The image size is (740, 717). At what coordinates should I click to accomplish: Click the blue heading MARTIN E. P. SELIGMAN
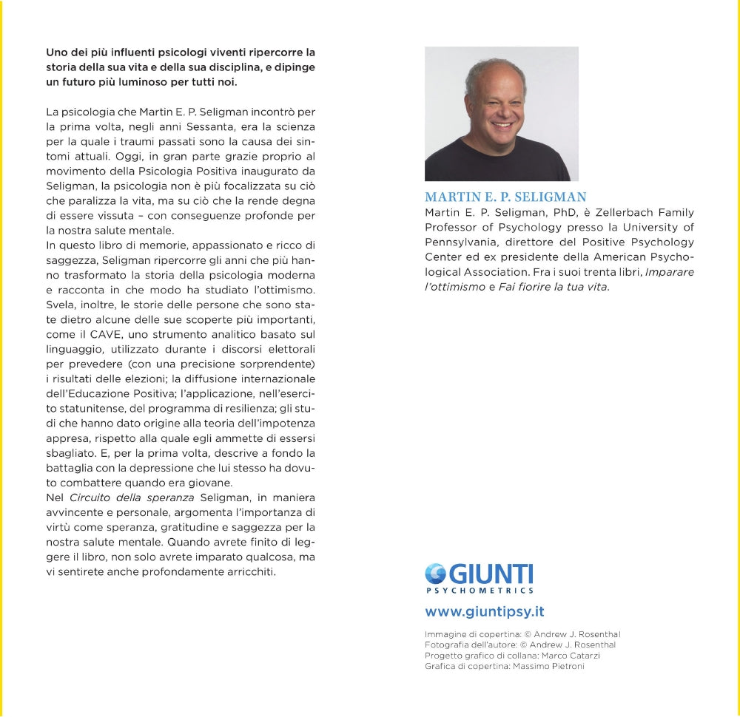pos(505,197)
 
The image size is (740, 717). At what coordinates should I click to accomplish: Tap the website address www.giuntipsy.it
pos(485,612)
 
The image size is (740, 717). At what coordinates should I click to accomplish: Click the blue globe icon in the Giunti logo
pos(436,574)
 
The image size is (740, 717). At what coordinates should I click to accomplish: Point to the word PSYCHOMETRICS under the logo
pos(480,591)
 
